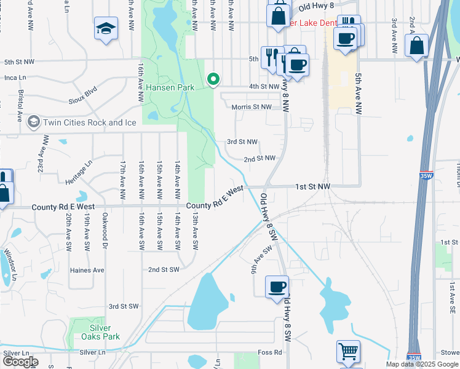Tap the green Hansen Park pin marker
tap(213, 79)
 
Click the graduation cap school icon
tap(106, 29)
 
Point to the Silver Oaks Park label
tap(100, 332)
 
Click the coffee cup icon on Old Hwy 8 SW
tap(277, 287)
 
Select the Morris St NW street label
tap(252, 107)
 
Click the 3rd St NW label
tap(241, 141)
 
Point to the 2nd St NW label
tap(258, 158)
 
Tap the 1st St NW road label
tap(312, 186)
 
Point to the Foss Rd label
tap(269, 352)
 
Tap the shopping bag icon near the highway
tap(417, 47)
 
